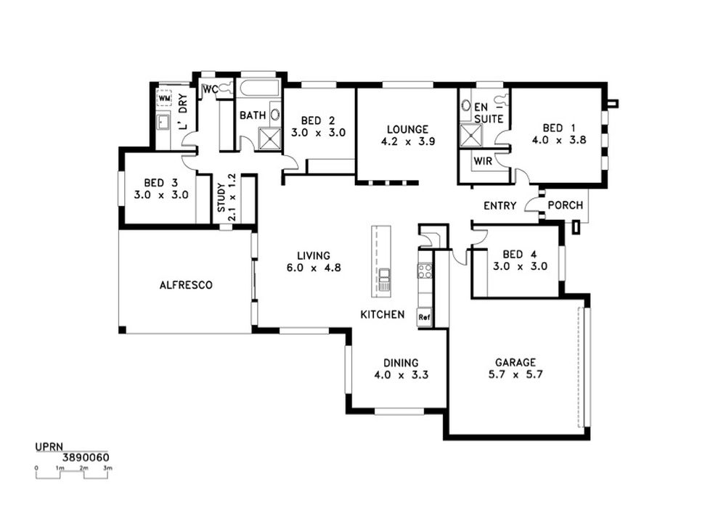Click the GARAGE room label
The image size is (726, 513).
[515, 363]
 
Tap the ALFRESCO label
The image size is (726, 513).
[186, 285]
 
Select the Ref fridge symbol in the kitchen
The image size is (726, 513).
[424, 317]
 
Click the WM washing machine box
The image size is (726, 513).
[165, 99]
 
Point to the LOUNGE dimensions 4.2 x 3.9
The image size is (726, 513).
[408, 141]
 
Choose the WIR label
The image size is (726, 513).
[483, 162]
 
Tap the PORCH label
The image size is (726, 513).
[566, 205]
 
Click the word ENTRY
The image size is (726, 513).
[499, 205]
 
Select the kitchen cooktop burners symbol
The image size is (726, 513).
[425, 271]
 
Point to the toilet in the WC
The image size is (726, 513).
[226, 89]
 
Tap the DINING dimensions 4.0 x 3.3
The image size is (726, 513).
[401, 374]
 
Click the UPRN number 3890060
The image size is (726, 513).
[86, 457]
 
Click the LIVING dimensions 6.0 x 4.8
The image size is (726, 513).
[314, 267]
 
